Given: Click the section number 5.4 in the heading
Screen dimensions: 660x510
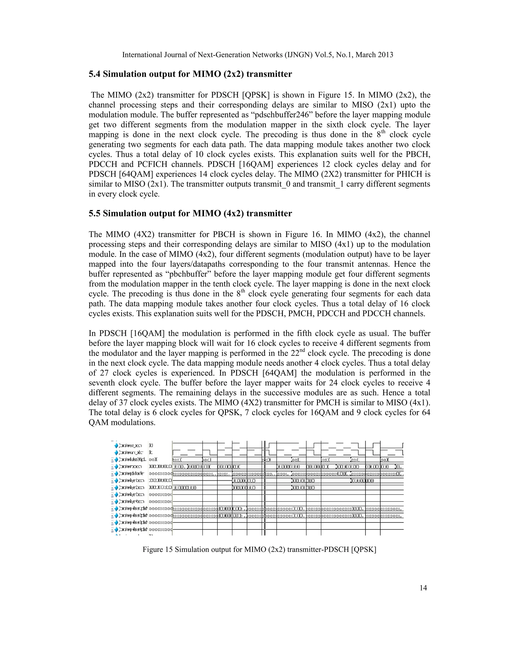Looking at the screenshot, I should pyautogui.click(x=95, y=74).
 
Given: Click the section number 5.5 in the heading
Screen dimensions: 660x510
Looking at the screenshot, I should pyautogui.click(x=95, y=214).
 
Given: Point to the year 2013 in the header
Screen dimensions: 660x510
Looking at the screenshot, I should pyautogui.click(x=385, y=55).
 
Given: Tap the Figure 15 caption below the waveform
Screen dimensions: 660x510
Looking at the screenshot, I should pyautogui.click(x=259, y=549).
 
